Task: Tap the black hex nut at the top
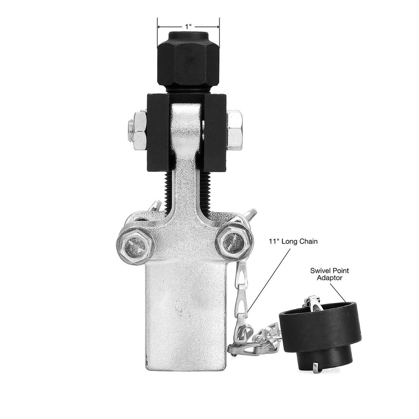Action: pos(188,61)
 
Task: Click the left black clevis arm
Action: pos(158,134)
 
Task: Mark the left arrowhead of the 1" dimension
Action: pos(159,26)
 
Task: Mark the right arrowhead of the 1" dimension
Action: pos(217,26)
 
